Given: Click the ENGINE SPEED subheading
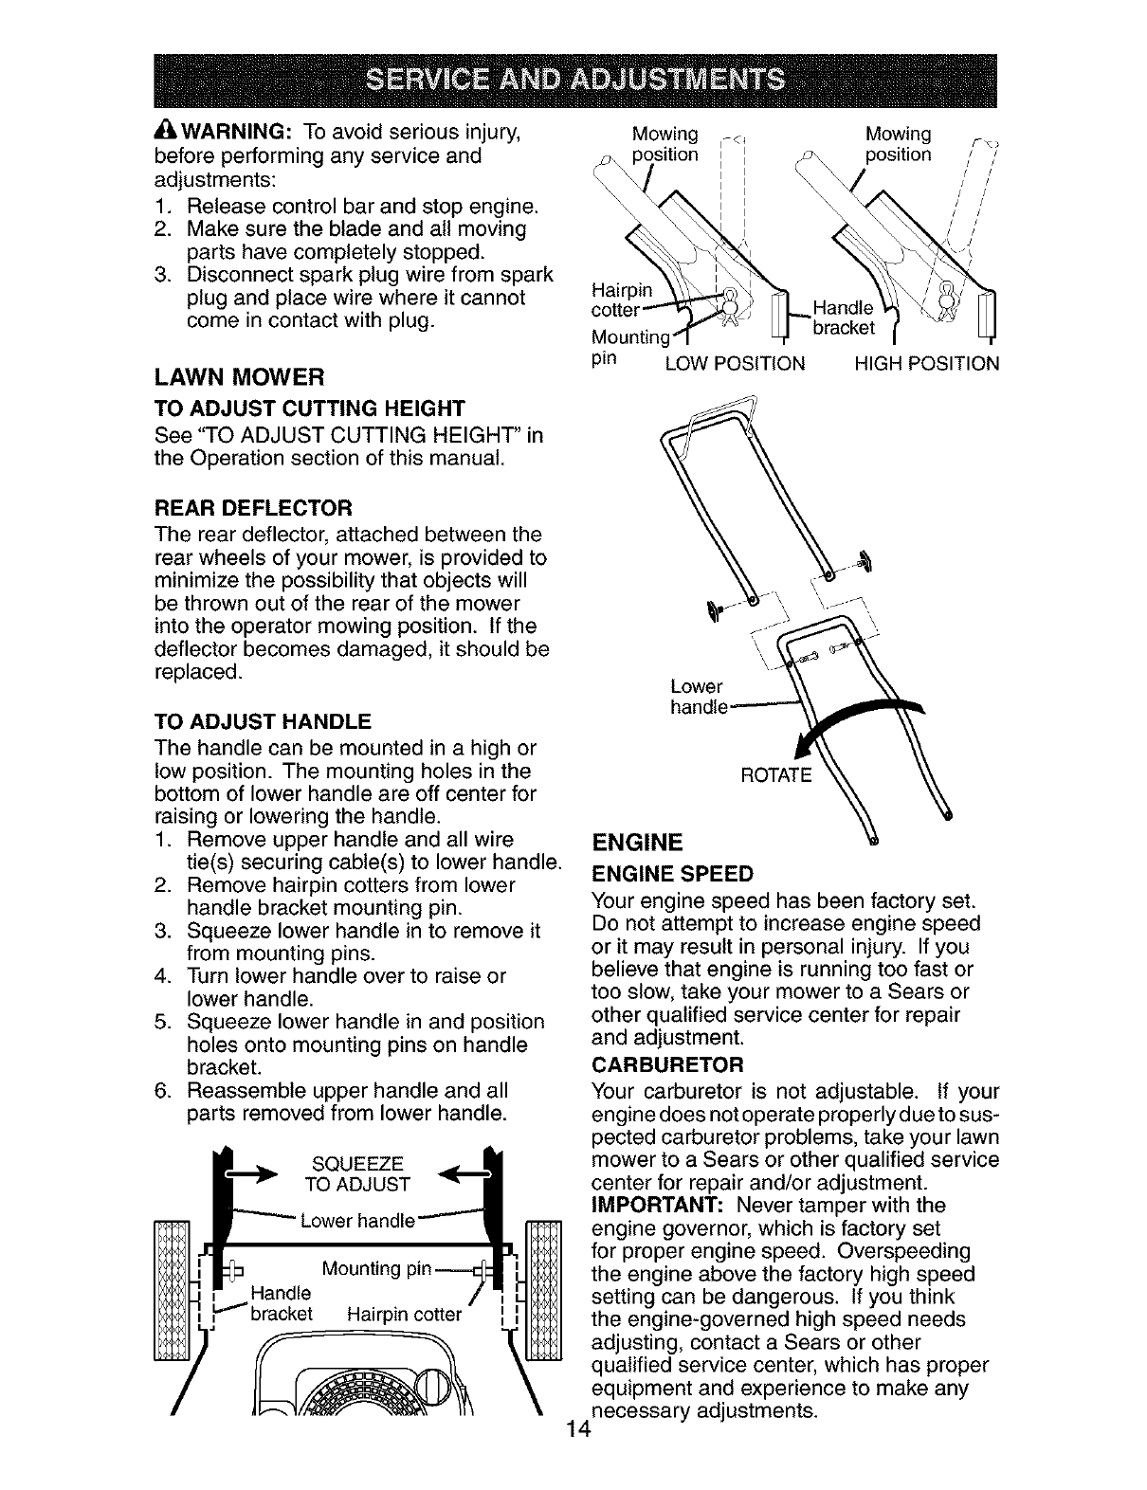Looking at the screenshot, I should click(672, 873).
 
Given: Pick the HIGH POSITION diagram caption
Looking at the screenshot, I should click(926, 363).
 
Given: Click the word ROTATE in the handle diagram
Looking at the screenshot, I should click(775, 775).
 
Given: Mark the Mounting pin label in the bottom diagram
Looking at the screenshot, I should click(377, 1268).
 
